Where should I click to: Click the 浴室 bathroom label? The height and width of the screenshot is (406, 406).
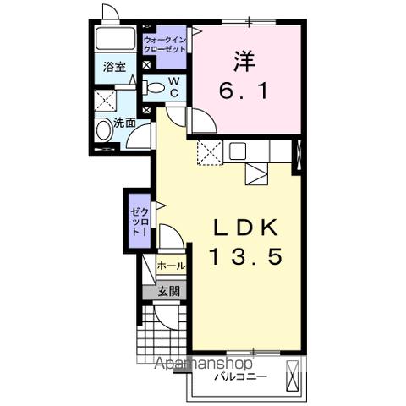tap(114, 67)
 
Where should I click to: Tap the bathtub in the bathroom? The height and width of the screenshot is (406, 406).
tap(115, 38)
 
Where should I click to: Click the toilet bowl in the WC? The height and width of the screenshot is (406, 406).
tap(154, 87)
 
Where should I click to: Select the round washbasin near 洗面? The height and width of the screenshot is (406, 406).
tap(103, 130)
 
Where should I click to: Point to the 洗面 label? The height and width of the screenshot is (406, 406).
tap(124, 123)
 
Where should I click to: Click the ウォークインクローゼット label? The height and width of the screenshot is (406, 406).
tap(165, 45)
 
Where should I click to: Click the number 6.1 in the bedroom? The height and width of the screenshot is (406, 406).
tap(244, 91)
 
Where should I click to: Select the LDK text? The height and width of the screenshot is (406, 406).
tap(245, 228)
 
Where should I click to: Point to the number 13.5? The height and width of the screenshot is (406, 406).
tap(246, 256)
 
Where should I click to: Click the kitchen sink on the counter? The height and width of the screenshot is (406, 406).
tap(238, 151)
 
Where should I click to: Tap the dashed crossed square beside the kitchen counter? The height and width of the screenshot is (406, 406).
tap(210, 152)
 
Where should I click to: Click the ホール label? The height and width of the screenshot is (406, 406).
tap(172, 266)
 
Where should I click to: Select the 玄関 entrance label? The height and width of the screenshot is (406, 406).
tap(168, 291)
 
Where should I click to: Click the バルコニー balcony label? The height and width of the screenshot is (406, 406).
tap(240, 376)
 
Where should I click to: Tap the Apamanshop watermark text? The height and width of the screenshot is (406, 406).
tap(204, 364)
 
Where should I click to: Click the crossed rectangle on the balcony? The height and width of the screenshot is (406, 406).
tap(292, 376)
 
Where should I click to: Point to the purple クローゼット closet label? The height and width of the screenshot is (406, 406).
tap(140, 222)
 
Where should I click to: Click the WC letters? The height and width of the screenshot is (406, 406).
tap(174, 87)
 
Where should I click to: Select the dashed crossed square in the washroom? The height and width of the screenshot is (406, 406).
tap(105, 101)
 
